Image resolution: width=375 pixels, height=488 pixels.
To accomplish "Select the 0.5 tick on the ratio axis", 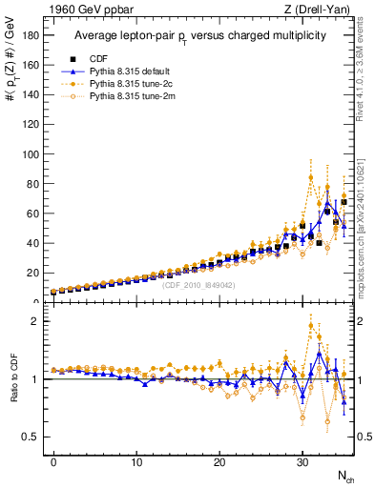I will pos(31,437).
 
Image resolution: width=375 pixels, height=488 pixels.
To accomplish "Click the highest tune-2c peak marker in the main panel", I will pos(311,177).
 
